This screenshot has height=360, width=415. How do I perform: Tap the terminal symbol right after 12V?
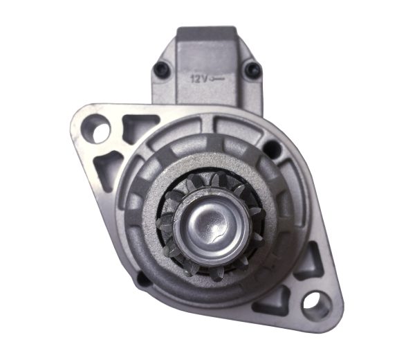click(218, 78)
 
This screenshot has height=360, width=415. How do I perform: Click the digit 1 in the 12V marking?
click(193, 78)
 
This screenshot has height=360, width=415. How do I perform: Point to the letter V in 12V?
click(205, 78)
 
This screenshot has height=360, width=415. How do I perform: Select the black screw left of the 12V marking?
click(162, 67)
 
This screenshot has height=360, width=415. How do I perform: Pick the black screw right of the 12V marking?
click(251, 68)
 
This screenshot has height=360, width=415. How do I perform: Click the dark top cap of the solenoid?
click(206, 33)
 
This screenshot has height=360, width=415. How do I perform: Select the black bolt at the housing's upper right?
click(273, 149)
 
